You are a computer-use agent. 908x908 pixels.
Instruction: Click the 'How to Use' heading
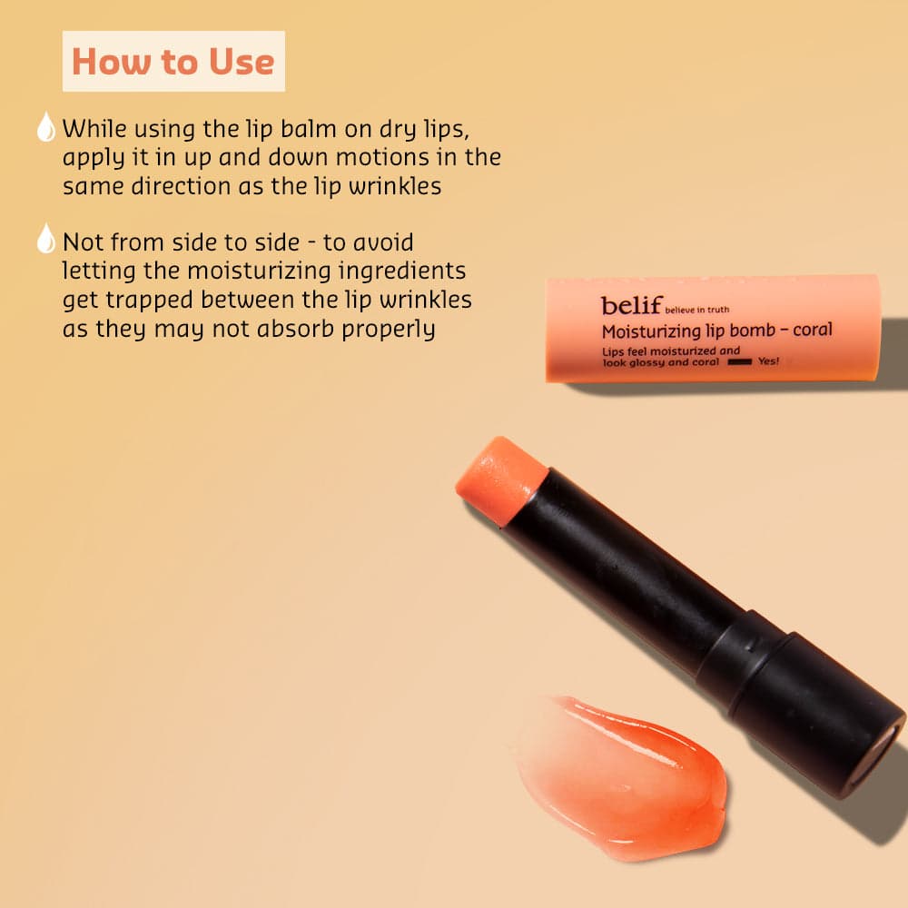[x=173, y=62]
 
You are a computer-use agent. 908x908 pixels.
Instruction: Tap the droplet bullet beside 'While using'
[x=46, y=127]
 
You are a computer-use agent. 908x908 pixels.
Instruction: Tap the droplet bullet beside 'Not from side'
[x=46, y=239]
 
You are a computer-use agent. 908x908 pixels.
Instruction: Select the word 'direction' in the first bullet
[x=182, y=186]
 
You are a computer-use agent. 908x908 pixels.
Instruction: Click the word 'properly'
[x=388, y=330]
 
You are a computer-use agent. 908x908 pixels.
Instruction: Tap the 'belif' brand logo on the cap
[x=631, y=305]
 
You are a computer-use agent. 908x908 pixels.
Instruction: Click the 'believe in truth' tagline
[x=696, y=310]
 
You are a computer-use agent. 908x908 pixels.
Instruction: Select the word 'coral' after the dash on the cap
[x=813, y=330]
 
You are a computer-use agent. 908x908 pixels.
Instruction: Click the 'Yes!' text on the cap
[x=768, y=360]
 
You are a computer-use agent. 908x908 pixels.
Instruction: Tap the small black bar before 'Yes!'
[x=739, y=362]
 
